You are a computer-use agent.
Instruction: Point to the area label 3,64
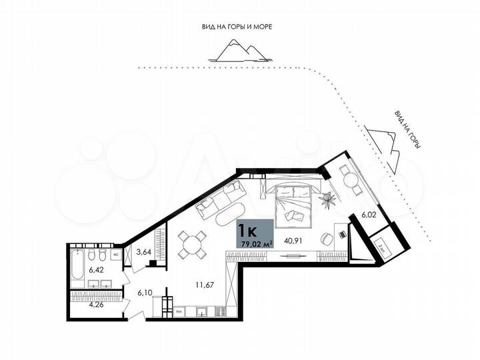coord(143,252)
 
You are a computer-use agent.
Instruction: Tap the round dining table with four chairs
coord(193,243)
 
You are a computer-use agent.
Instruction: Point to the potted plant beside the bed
coord(327,198)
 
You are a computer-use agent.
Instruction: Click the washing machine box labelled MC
coord(115,254)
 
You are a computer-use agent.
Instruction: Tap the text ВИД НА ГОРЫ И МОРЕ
coord(238,26)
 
